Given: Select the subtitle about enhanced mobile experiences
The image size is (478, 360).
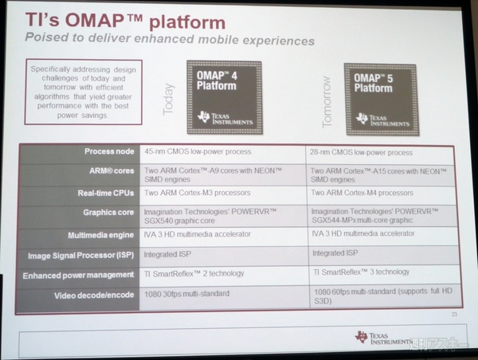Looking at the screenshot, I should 168,41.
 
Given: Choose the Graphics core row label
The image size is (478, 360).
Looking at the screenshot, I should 105,213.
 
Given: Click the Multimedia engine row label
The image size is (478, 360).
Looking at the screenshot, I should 100,234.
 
